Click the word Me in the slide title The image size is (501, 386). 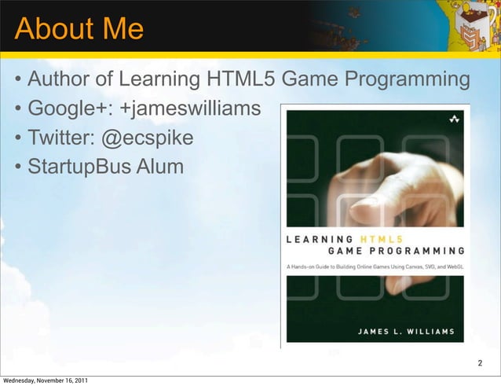point(120,30)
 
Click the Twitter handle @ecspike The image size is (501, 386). point(145,138)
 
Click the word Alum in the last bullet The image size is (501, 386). point(161,167)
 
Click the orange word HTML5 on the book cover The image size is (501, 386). point(381,240)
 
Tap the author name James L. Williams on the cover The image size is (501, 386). point(406,331)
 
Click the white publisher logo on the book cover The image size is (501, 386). point(453,119)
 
